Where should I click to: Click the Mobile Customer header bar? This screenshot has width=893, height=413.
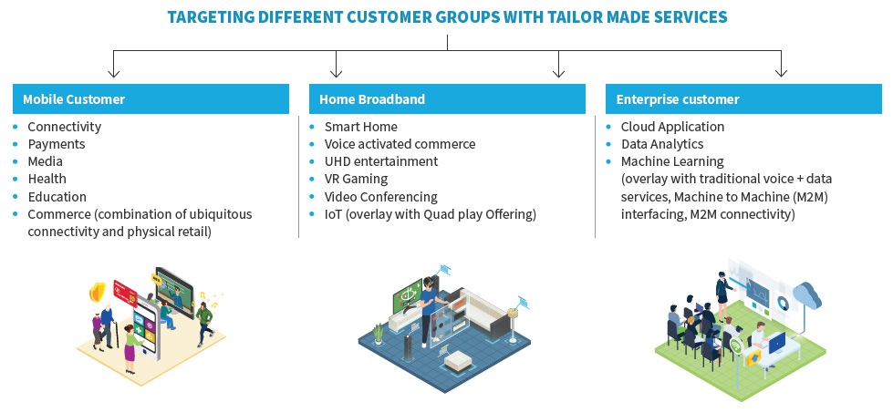coord(151,98)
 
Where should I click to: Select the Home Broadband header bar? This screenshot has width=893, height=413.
coord(447,98)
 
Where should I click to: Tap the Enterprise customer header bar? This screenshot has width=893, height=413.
coord(743,98)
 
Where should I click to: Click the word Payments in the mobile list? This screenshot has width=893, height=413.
coord(57,144)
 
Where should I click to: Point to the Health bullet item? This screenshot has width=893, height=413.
coord(47,179)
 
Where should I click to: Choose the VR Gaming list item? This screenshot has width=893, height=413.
coord(356,179)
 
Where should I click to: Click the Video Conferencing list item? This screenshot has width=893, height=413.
coord(380,196)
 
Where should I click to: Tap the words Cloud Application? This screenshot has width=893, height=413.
coord(672,127)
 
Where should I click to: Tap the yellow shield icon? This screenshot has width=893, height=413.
coord(96,292)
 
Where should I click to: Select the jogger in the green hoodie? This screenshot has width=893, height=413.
coord(204,319)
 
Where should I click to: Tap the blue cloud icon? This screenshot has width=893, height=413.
coord(806,294)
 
